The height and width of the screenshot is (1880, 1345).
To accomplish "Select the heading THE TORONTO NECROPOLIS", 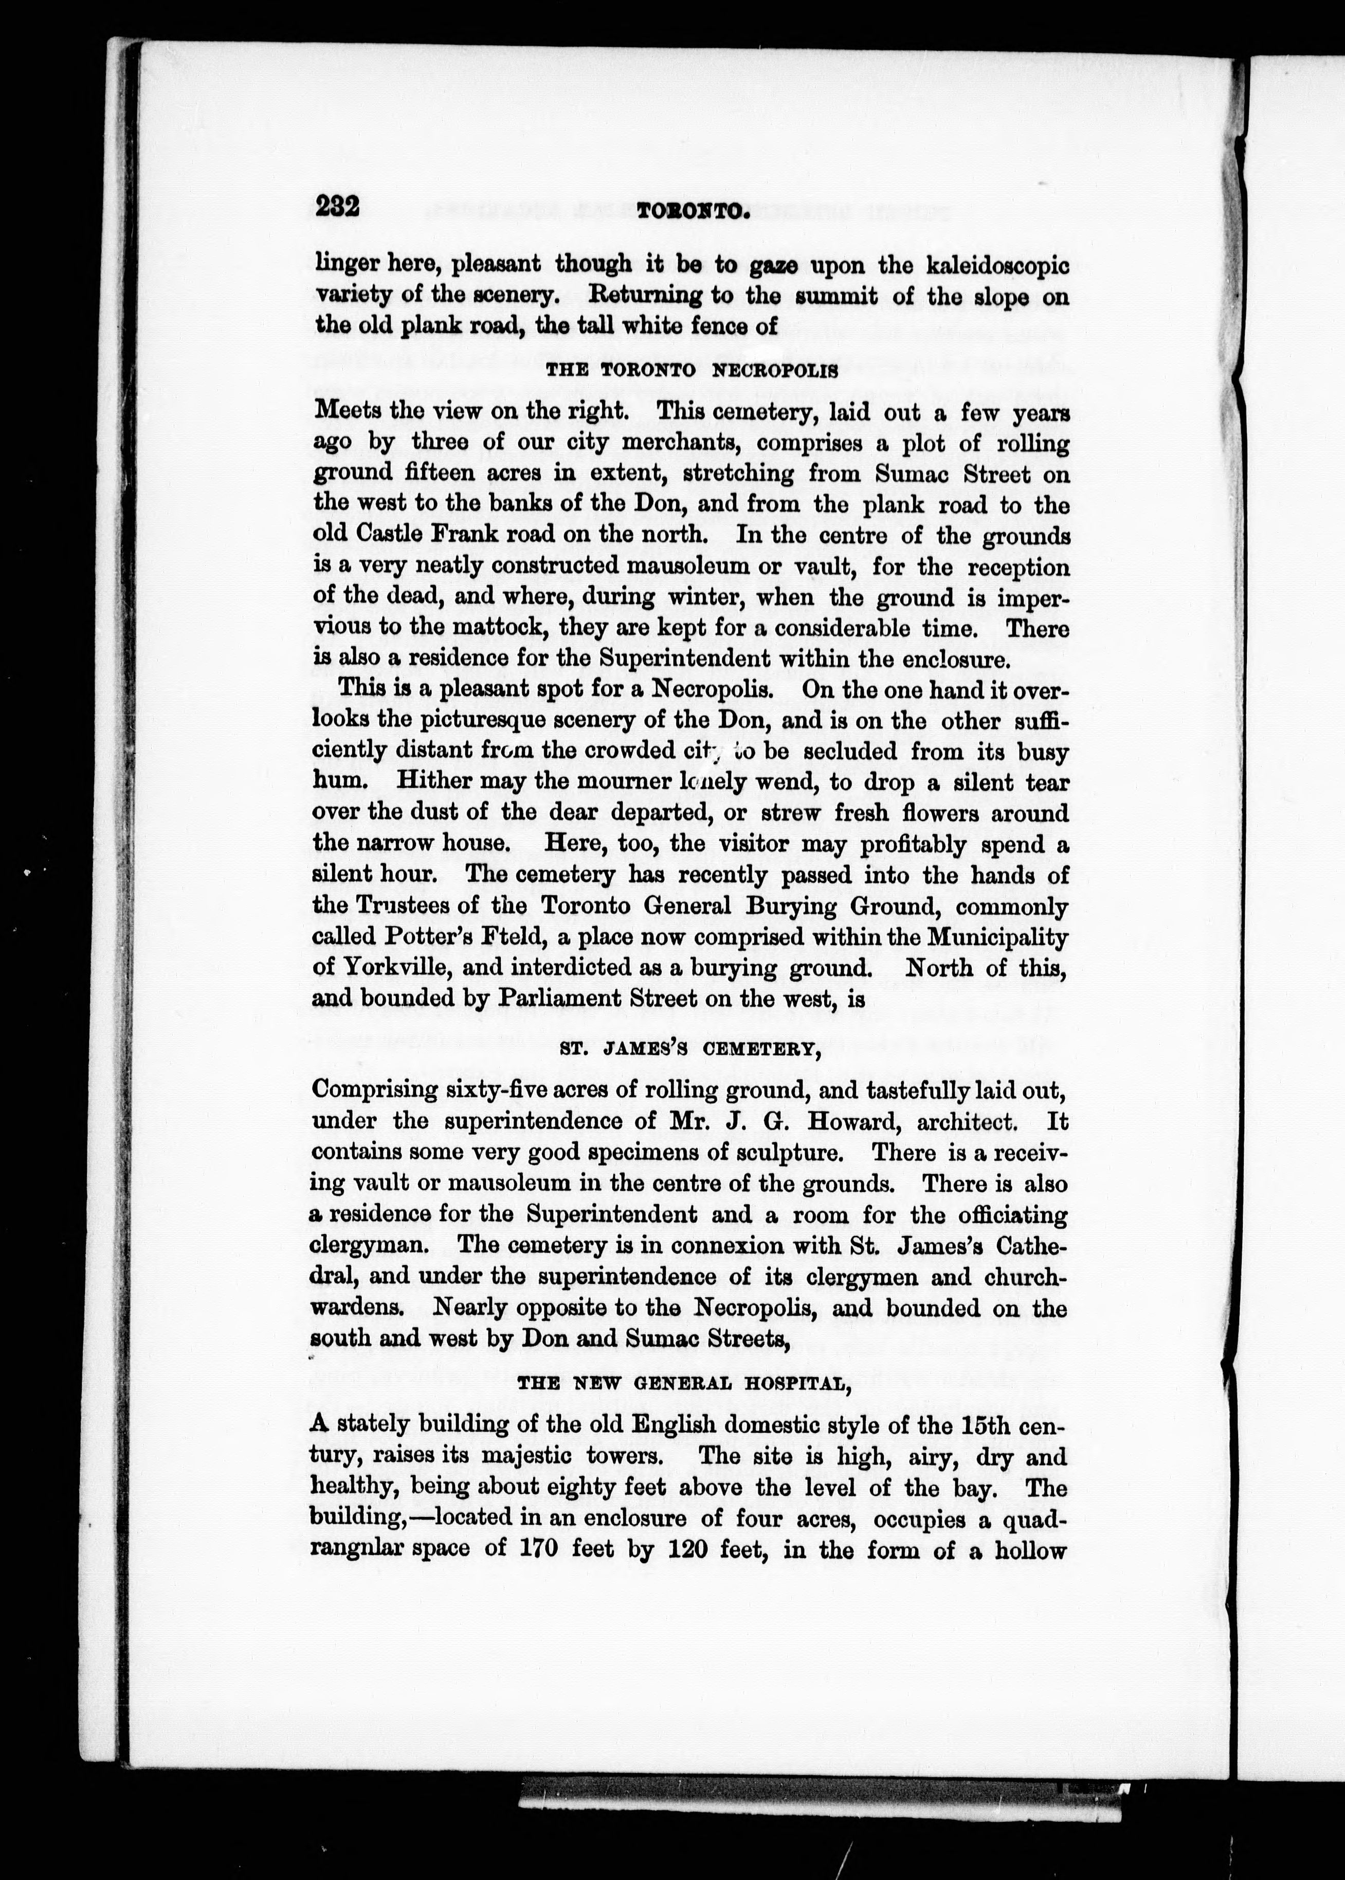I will point(692,371).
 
